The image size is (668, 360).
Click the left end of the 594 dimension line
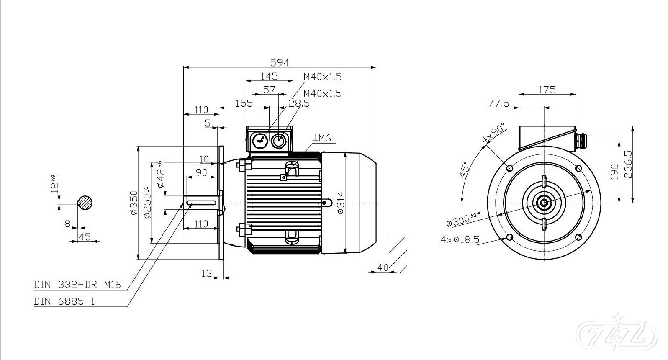tap(183, 67)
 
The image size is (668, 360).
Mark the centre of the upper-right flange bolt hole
tap(578, 168)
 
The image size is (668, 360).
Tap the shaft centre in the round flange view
tap(544, 203)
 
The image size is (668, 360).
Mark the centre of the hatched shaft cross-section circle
tap(85, 203)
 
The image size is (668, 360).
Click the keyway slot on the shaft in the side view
tap(201, 203)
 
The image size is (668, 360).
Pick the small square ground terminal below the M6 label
tap(283, 177)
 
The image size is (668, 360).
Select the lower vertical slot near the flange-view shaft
tap(544, 224)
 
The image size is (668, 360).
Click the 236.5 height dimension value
tap(628, 165)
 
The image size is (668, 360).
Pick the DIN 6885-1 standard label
tap(64, 301)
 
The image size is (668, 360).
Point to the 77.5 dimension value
tap(498, 103)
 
